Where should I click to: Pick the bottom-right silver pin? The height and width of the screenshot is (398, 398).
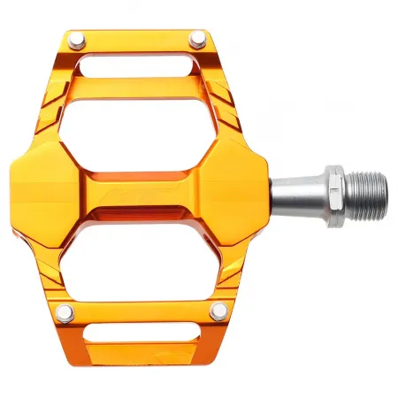pyautogui.click(x=218, y=310)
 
